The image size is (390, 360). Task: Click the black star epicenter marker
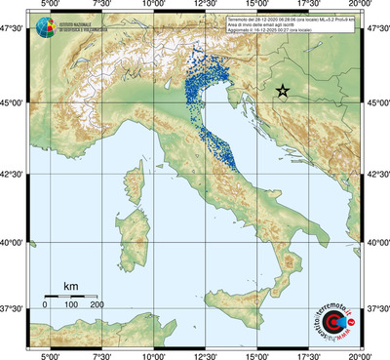pos(283,91)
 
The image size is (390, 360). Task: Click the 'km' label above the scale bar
pos(70,286)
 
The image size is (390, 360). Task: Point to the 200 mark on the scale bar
pos(97,305)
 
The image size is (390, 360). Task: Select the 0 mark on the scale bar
pos(45,305)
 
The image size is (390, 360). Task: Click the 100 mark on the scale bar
pos(70,305)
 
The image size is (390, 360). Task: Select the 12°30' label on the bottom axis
pos(204,355)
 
